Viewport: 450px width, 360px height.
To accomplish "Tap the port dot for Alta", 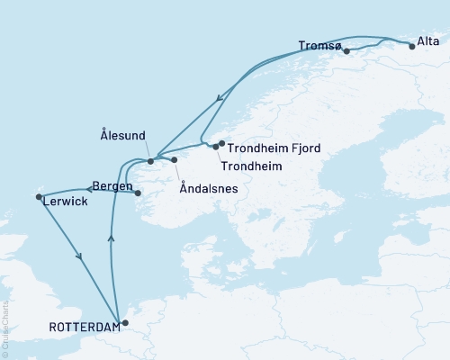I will [x=412, y=46].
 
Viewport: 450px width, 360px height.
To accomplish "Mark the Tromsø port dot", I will [x=346, y=51].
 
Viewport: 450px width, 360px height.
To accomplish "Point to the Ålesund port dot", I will [x=150, y=161].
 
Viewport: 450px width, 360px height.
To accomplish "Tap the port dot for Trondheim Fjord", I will [x=221, y=142].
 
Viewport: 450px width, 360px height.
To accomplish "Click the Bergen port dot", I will [x=138, y=193].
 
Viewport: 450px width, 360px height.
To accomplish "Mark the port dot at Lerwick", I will [x=38, y=196].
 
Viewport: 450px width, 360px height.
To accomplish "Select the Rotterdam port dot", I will [x=125, y=322].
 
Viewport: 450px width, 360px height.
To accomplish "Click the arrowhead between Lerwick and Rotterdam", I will [x=80, y=256].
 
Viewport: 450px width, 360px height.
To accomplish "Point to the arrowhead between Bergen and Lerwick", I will [x=89, y=188].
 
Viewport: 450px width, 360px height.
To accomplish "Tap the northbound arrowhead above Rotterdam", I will [x=111, y=238].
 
